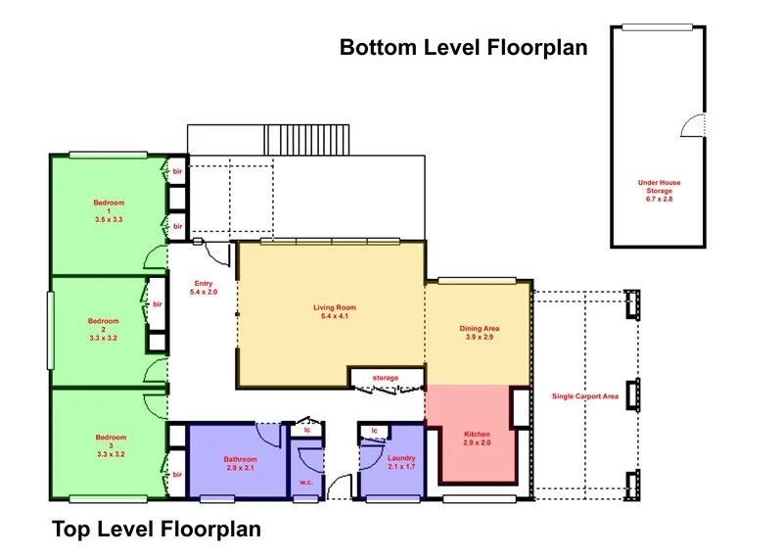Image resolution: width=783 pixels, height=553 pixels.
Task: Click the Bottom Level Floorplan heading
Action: click(x=463, y=47)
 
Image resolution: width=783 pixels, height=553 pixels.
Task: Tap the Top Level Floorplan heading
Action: click(x=157, y=530)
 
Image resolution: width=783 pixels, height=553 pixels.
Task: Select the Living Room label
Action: click(x=335, y=311)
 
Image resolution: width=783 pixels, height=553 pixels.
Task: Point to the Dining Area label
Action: click(x=480, y=333)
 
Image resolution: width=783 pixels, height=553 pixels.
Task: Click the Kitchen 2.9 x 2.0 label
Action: click(x=477, y=438)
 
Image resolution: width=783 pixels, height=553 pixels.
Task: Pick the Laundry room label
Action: click(x=401, y=462)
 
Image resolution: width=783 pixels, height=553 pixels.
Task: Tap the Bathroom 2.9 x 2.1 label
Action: click(x=240, y=464)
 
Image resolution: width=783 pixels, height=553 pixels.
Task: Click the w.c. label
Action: click(x=306, y=483)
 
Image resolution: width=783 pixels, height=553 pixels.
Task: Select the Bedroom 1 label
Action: click(x=109, y=210)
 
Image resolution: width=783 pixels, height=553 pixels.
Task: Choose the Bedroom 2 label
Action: click(x=104, y=329)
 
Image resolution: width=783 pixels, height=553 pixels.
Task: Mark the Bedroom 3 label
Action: click(x=111, y=445)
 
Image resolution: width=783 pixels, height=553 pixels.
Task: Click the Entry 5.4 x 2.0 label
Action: click(x=204, y=288)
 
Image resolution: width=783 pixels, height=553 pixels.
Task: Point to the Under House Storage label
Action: click(x=659, y=190)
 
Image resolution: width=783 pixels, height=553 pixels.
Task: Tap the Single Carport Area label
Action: click(x=585, y=396)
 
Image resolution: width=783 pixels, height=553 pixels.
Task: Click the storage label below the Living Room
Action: click(x=386, y=378)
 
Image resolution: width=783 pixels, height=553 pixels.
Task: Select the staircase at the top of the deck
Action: click(x=306, y=140)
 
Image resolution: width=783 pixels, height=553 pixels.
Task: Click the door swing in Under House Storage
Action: click(x=693, y=125)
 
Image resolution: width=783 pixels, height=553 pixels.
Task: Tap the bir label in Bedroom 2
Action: click(x=158, y=304)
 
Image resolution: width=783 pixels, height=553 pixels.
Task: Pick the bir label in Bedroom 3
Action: click(x=178, y=475)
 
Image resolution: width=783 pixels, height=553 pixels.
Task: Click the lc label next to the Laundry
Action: click(x=375, y=431)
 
